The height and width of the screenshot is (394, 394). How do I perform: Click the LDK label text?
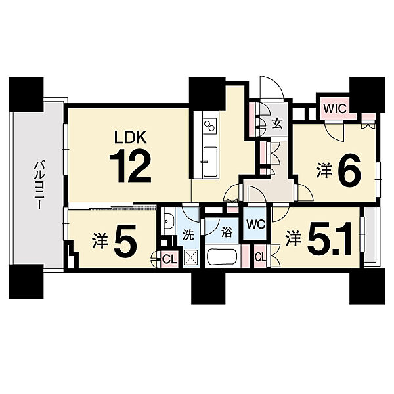(130, 137)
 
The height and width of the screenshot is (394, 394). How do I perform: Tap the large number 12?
(130, 165)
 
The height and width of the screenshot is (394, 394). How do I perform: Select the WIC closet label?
(335, 108)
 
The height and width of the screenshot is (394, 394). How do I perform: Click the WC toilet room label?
(256, 225)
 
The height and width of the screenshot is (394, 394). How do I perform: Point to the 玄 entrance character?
(277, 123)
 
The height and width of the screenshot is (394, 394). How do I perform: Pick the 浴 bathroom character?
(227, 232)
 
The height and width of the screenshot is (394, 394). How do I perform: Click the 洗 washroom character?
(188, 235)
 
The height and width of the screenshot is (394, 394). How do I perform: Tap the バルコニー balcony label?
(39, 186)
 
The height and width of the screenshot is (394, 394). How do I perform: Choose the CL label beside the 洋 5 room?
(169, 259)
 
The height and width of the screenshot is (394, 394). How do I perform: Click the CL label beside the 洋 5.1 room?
(260, 257)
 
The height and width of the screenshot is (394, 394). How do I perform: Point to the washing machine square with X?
(191, 257)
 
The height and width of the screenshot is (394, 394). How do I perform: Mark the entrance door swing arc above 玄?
(272, 87)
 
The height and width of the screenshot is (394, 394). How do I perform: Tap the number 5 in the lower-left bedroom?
(125, 240)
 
